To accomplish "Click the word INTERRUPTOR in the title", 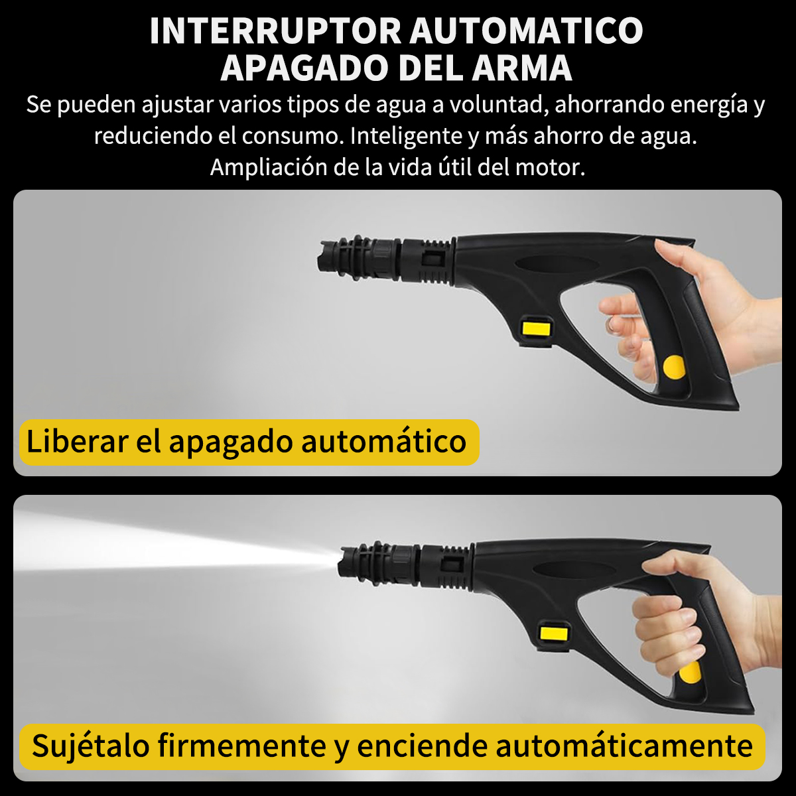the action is (275, 31).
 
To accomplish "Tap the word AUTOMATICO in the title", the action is (527, 31).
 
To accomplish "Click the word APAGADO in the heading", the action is (307, 68).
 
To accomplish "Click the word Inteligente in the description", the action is (406, 137).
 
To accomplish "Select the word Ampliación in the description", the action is (269, 168).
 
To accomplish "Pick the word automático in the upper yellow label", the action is (383, 441).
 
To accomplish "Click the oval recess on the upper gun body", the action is (558, 263).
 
